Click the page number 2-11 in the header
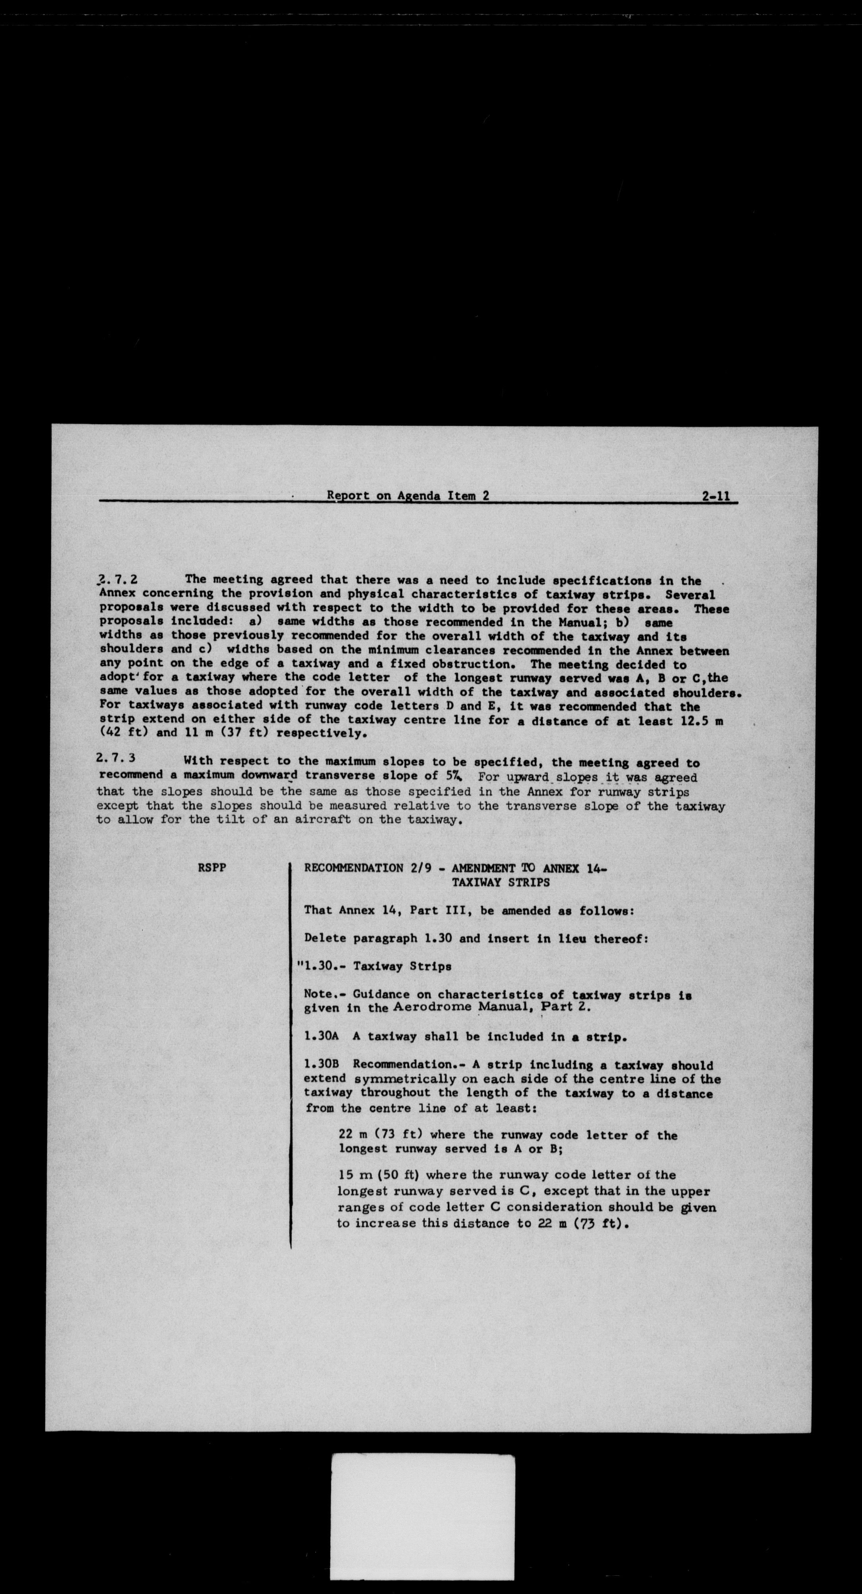[x=716, y=496]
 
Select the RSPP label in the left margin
[x=212, y=867]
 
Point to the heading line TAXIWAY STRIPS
[x=500, y=883]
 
